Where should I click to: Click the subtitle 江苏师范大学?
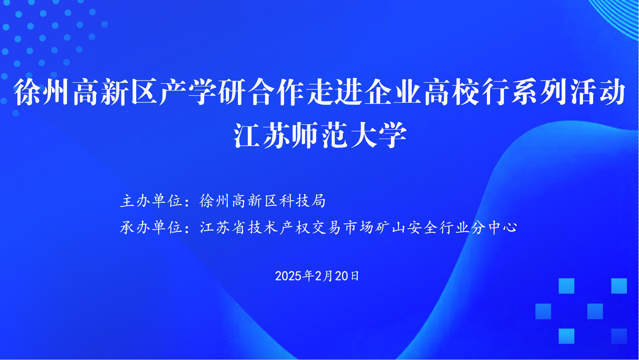320,135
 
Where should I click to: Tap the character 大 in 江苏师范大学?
364,135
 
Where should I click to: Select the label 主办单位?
151,201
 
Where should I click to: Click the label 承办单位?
151,227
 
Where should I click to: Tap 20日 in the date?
347,276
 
